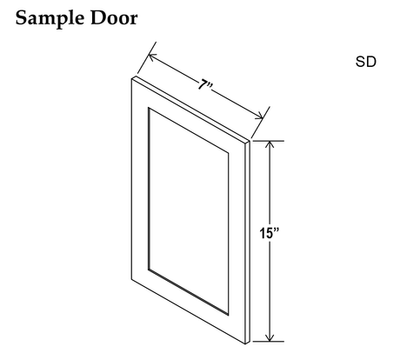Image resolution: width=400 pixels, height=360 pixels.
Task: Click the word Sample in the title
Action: tap(50, 19)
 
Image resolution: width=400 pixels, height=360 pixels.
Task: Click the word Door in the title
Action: tap(114, 18)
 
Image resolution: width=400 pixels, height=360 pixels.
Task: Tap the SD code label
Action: tap(366, 62)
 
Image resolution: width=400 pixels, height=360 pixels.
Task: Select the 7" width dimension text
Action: tap(205, 85)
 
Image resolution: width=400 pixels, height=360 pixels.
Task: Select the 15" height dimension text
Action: tap(270, 233)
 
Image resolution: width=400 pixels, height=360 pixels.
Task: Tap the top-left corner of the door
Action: tap(131, 79)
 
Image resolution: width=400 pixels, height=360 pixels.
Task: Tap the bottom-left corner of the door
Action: tap(131, 280)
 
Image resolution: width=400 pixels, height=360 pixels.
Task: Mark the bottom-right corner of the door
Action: tap(245, 344)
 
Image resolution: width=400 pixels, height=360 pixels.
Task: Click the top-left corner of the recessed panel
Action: tap(149, 108)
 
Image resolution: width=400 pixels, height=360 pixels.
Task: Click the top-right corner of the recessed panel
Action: tap(229, 153)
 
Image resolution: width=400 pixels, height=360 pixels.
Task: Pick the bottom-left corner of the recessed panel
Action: tap(149, 270)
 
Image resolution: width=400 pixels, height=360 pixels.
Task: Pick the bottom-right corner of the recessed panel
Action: tap(229, 315)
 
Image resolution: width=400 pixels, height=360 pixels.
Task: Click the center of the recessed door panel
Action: tap(189, 211)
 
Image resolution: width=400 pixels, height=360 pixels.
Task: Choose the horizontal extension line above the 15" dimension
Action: tap(268, 141)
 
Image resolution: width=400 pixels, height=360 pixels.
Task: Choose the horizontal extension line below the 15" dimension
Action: tap(268, 342)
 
